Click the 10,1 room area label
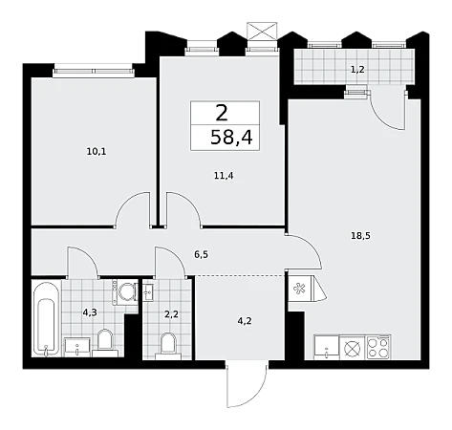[x=97, y=152]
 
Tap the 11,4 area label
[x=224, y=175]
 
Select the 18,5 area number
[x=360, y=236]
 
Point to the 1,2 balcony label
[x=357, y=69]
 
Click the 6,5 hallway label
[x=202, y=254]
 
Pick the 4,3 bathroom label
[x=90, y=312]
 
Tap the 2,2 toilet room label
[x=171, y=314]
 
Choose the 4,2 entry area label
[x=245, y=321]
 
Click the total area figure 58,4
[x=231, y=138]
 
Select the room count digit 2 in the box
[x=222, y=113]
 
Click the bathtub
[x=47, y=318]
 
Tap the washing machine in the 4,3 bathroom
[x=125, y=291]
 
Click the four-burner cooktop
[x=378, y=347]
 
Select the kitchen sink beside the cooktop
[x=327, y=347]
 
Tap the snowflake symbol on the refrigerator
[x=299, y=289]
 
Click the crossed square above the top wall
[x=262, y=31]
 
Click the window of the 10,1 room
[x=94, y=71]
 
